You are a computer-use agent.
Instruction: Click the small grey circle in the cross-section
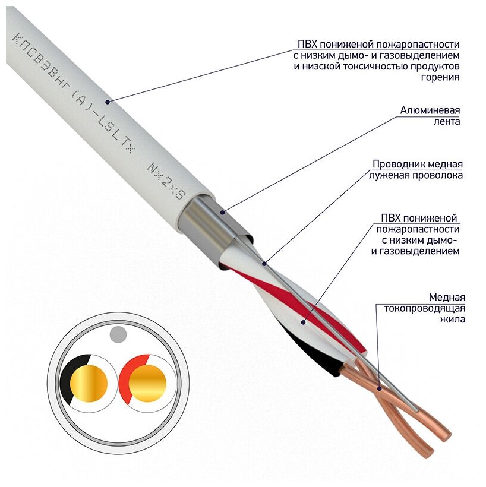[118, 334]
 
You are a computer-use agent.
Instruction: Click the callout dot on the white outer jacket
[108, 102]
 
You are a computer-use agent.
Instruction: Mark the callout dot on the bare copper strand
[379, 389]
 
